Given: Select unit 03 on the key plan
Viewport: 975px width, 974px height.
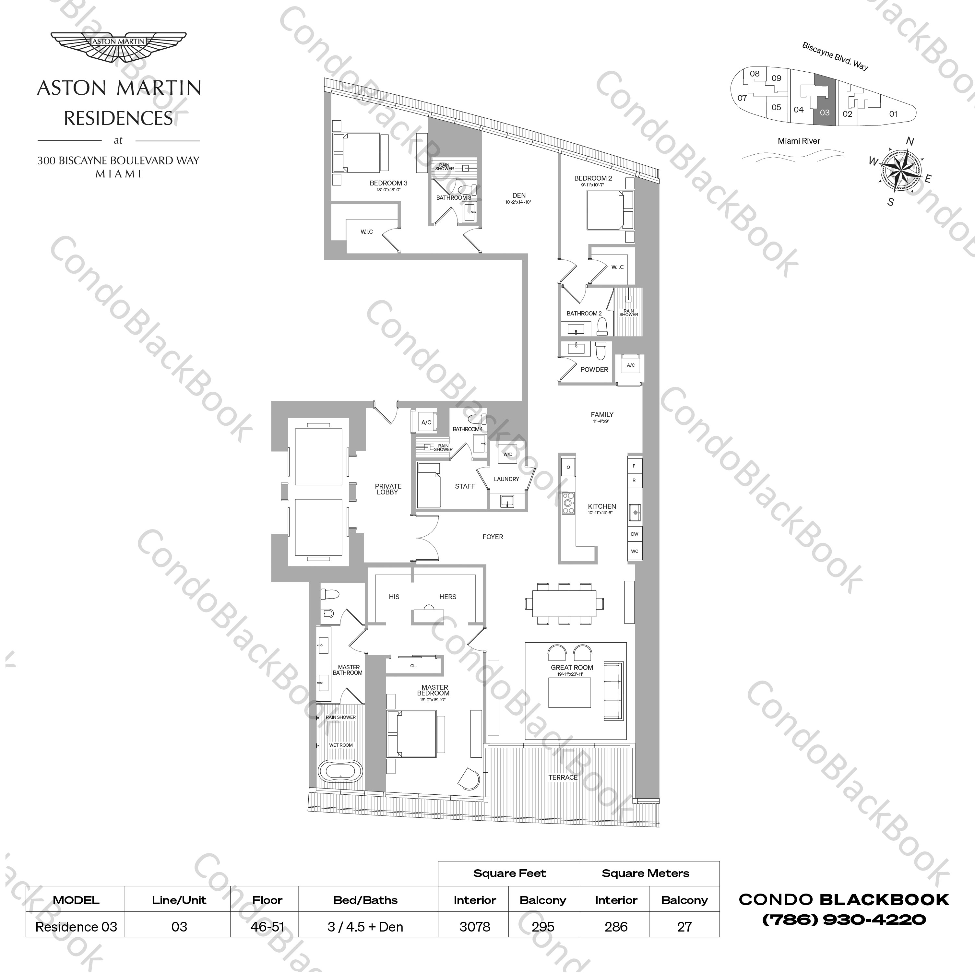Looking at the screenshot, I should (825, 101).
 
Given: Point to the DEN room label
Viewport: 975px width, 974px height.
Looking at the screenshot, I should (519, 195).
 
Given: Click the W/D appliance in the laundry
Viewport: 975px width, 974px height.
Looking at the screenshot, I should (508, 454).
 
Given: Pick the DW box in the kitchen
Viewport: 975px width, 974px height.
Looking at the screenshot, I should (634, 534).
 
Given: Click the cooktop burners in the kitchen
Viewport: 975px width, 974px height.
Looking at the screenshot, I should (568, 503).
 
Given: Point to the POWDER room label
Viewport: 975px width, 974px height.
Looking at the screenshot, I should (594, 369).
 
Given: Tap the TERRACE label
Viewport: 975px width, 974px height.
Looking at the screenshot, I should (563, 777).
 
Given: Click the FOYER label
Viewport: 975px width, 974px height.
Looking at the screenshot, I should (493, 537).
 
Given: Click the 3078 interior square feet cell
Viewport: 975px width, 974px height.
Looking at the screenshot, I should (474, 927).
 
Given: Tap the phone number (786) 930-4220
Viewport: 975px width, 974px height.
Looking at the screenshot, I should (844, 920).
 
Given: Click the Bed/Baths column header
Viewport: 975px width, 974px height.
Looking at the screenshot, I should (365, 900).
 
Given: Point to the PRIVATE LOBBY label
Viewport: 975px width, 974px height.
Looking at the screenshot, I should (387, 489).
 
